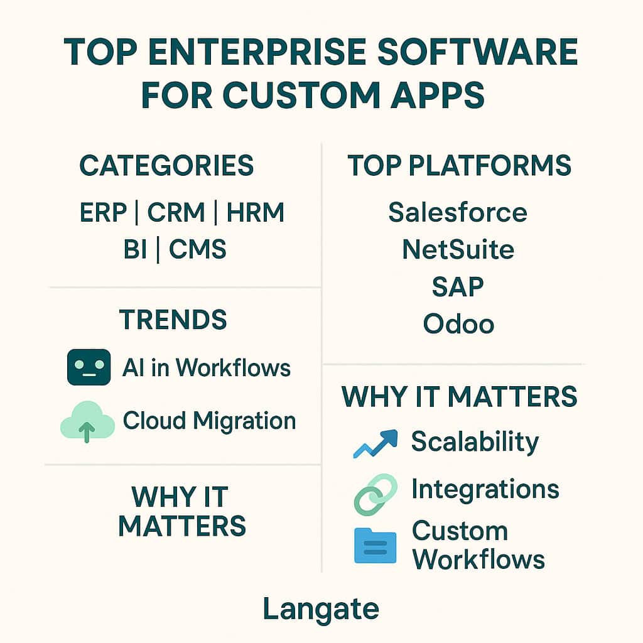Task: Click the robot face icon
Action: (x=89, y=367)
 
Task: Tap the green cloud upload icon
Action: (x=87, y=421)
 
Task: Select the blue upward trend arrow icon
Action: (x=376, y=443)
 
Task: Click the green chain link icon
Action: (x=376, y=495)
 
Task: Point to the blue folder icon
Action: (x=376, y=546)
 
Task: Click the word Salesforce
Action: (x=458, y=212)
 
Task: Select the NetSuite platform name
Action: (x=458, y=249)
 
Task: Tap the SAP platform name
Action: (x=458, y=286)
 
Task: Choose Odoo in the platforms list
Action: (x=458, y=323)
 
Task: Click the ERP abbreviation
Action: (x=104, y=212)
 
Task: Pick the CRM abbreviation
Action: (x=176, y=212)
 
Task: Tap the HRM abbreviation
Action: (x=256, y=212)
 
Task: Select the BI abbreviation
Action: (x=135, y=249)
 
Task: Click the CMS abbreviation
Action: (x=198, y=249)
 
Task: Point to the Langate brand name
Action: (x=321, y=609)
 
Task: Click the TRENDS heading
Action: (x=173, y=320)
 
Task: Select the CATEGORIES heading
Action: (x=166, y=165)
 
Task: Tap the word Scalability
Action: (x=475, y=443)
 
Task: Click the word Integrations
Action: (x=485, y=490)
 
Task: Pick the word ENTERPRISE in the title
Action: (x=257, y=51)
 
